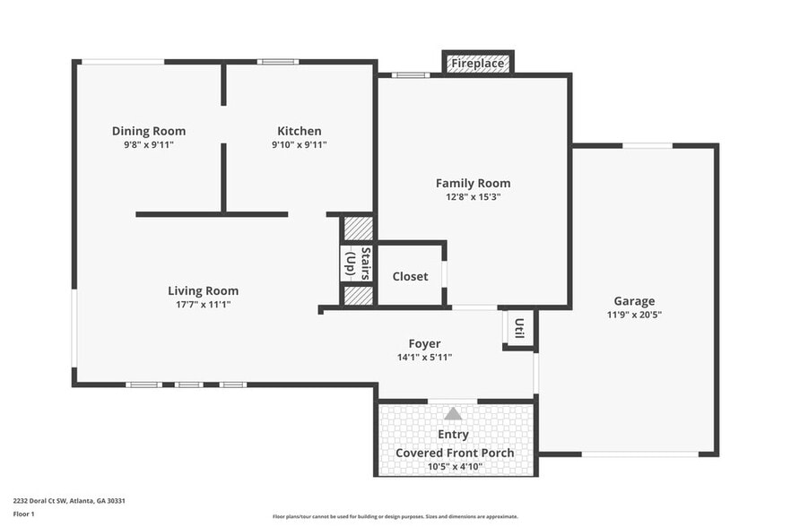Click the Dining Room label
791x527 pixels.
pos(149,131)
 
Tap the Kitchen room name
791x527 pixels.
pos(299,131)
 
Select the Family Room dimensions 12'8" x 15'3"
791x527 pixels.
pos(473,196)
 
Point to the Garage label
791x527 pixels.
pos(634,301)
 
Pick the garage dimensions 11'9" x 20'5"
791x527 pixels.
pos(634,315)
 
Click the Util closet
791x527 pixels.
pos(519,329)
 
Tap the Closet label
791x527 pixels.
pos(410,276)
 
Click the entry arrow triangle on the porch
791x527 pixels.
pos(454,414)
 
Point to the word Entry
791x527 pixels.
pos(454,435)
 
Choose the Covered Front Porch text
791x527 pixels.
pos(456,453)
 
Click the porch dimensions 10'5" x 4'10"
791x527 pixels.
pos(456,467)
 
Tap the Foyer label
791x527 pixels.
pos(424,343)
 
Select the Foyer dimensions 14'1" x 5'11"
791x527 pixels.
pos(424,357)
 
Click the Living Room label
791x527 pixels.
pos(204,290)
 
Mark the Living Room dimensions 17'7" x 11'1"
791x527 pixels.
pos(204,305)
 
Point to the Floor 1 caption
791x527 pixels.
pos(23,514)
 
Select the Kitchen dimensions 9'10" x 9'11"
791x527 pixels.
pos(299,144)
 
